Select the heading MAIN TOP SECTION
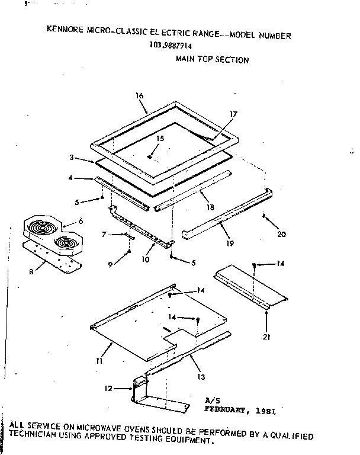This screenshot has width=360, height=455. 213,60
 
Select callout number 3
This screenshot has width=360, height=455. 71,158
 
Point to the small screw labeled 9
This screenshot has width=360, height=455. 128,253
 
